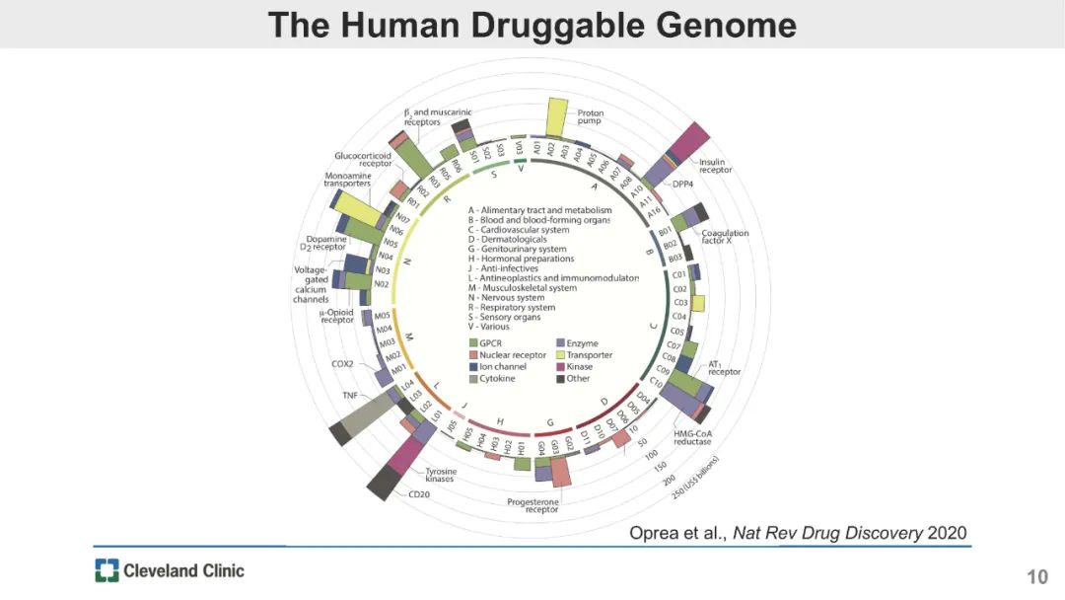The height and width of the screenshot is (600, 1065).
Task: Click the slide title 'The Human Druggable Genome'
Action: click(532, 25)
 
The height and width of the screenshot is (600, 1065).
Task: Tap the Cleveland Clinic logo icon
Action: click(106, 569)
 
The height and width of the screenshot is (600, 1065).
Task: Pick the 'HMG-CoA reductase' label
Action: click(692, 437)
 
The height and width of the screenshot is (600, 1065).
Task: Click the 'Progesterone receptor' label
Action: click(532, 506)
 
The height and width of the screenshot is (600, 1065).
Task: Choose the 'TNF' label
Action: click(350, 395)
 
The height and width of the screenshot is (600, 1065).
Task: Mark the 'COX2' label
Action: click(342, 363)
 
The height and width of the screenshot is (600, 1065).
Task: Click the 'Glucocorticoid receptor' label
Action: click(363, 159)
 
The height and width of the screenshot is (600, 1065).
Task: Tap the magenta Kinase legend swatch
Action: click(560, 367)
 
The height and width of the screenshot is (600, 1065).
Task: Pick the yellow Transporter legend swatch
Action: click(560, 355)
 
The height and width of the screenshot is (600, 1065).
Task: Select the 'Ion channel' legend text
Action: click(503, 367)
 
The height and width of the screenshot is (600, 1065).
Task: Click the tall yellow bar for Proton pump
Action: click(556, 117)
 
